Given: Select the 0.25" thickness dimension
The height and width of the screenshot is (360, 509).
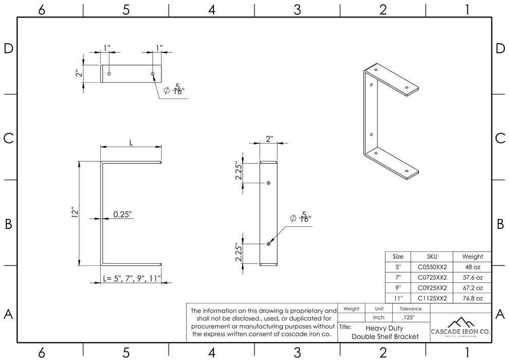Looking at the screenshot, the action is pyautogui.click(x=122, y=214).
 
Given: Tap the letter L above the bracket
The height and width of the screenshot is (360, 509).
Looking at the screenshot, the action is pyautogui.click(x=131, y=143).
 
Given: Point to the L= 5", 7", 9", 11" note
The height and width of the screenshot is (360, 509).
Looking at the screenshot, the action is pyautogui.click(x=132, y=279).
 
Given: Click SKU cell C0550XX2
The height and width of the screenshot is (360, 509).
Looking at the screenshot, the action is pyautogui.click(x=432, y=267).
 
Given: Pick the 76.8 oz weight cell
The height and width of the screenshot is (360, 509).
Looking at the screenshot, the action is pyautogui.click(x=472, y=298).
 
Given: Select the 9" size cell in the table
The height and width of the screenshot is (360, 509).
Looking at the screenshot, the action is pyautogui.click(x=398, y=288).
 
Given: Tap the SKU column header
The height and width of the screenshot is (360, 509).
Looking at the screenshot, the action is pyautogui.click(x=432, y=257).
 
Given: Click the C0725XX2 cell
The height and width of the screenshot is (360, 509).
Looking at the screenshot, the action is pyautogui.click(x=432, y=278).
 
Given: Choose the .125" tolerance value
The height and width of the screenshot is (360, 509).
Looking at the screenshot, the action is pyautogui.click(x=408, y=317).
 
